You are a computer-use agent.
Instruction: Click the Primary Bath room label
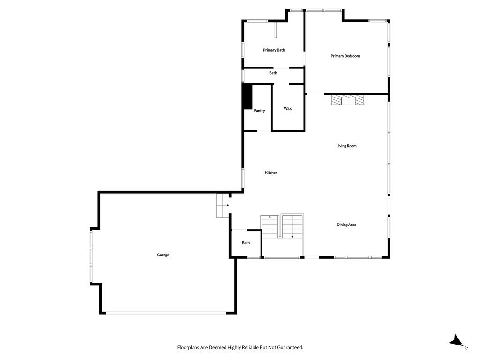274,50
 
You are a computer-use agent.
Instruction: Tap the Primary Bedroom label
345,56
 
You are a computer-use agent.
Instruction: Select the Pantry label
259,111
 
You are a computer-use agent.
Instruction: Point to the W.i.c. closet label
288,108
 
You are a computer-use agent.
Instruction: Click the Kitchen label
271,172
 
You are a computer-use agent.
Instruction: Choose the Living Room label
346,146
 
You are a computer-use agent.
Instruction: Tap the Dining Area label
346,225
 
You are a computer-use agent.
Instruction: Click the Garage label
163,255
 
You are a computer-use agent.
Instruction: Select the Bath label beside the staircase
246,243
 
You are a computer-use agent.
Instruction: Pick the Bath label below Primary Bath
273,73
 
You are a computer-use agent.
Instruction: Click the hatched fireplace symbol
348,100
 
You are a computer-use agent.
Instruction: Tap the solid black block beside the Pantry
247,97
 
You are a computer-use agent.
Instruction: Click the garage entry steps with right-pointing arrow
223,205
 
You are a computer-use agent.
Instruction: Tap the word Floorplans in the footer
188,347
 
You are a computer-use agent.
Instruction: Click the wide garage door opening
166,313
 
